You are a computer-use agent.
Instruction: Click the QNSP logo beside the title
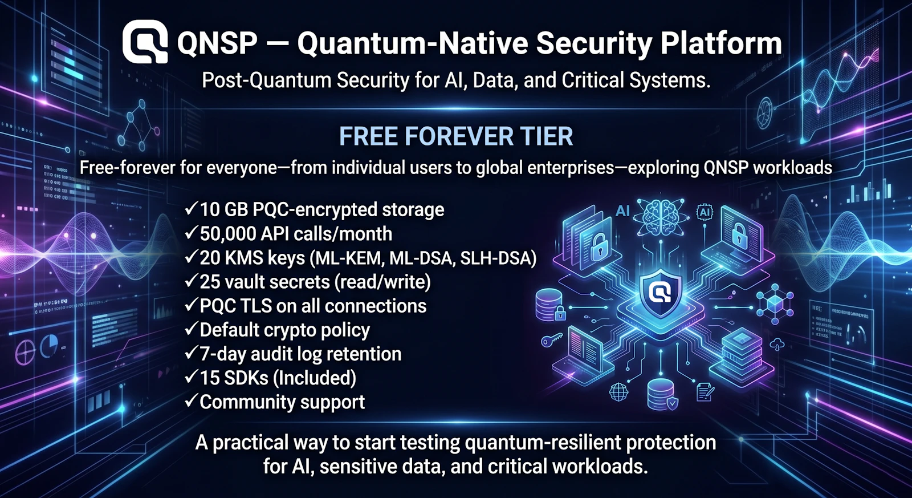tap(145, 42)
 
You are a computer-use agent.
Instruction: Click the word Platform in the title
tap(721, 43)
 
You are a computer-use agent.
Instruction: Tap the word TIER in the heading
tap(546, 136)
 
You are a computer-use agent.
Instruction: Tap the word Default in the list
tap(226, 330)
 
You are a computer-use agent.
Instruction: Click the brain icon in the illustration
tap(660, 216)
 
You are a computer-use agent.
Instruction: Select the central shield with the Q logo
tap(661, 293)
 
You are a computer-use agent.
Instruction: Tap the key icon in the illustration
tap(551, 341)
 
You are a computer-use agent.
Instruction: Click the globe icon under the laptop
tap(618, 392)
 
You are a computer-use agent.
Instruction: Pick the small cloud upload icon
tap(777, 344)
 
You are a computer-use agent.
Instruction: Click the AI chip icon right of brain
tap(705, 212)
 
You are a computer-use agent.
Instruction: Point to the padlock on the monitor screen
tap(739, 234)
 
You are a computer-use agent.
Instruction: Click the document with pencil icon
tap(705, 392)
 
